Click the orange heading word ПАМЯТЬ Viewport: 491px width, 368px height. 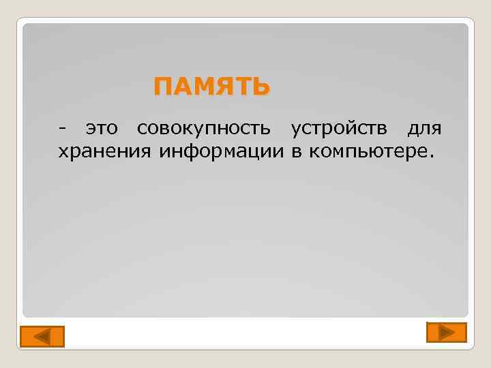pos(211,87)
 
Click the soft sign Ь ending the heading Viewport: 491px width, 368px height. pos(261,87)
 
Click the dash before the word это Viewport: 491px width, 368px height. pos(63,128)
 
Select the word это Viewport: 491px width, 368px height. pos(102,128)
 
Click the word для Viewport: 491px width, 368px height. pos(424,128)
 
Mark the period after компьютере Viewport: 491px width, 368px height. pos(430,155)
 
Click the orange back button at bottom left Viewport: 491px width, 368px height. pos(41,337)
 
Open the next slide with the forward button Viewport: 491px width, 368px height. pos(446,332)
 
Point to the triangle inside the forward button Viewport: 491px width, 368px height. pos(447,332)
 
